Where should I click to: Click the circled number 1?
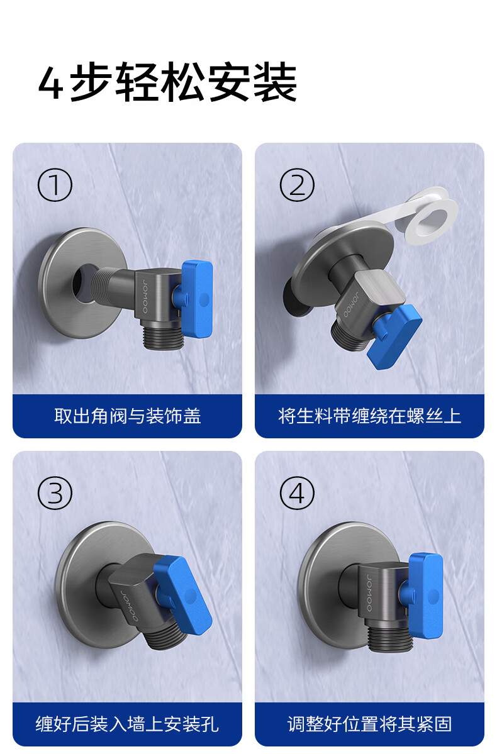tap(55, 185)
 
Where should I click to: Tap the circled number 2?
tap(297, 185)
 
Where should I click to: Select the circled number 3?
tap(55, 493)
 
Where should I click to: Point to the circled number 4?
tap(297, 493)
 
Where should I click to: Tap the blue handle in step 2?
tap(394, 336)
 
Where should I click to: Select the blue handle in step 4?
tap(425, 596)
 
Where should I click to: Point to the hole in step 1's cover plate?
tap(83, 284)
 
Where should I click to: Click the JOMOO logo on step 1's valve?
tap(145, 295)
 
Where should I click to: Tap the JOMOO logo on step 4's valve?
tap(369, 593)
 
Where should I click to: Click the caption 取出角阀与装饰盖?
tap(127, 416)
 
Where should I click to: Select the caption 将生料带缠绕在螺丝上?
tap(369, 416)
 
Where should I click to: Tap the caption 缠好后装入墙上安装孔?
tap(127, 724)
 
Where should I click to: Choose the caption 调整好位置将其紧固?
tap(369, 724)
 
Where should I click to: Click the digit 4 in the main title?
tap(50, 84)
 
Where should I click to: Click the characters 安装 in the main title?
tap(253, 82)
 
